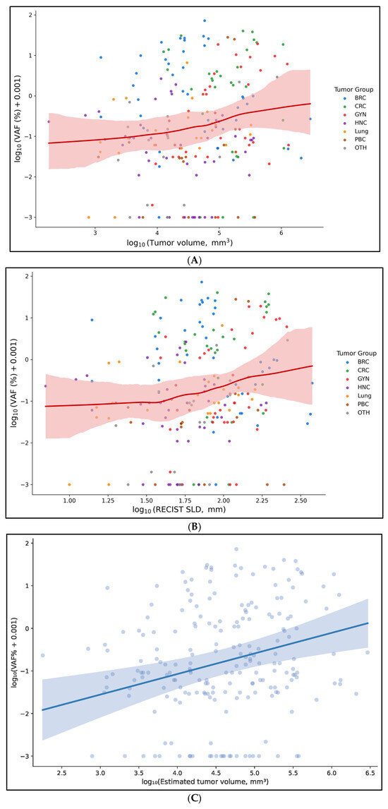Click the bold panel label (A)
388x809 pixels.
coord(194,260)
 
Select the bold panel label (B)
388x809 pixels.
coord(194,527)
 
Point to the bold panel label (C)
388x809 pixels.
coord(194,801)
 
